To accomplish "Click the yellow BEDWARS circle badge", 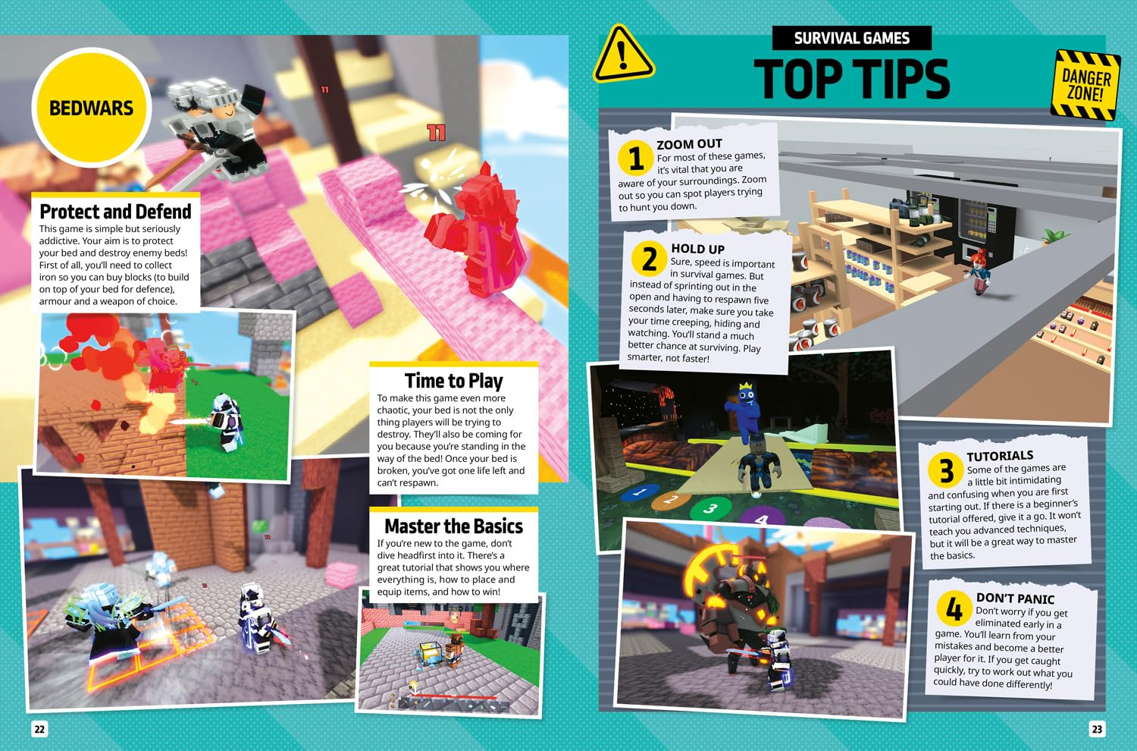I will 91,108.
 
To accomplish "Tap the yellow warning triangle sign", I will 622,55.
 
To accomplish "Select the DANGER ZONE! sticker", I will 1085,86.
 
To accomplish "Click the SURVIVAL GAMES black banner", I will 851,38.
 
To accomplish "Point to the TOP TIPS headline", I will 851,80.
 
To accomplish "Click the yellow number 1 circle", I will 635,159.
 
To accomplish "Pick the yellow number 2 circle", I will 649,259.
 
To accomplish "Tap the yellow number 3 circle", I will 946,470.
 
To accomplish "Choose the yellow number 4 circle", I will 954,608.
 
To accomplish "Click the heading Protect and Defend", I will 115,212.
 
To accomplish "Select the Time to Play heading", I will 453,381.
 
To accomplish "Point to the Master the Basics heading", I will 453,526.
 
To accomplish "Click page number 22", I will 39,729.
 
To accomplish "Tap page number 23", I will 1097,729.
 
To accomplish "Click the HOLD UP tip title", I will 697,249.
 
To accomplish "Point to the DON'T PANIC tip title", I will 1015,599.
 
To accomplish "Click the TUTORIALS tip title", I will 1000,456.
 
